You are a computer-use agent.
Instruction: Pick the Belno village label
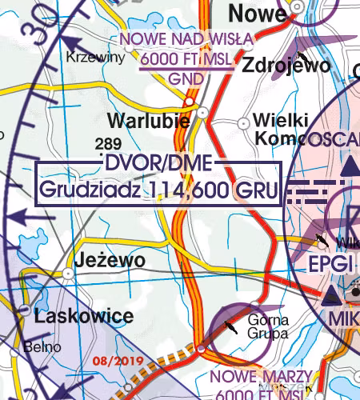click(x=38, y=348)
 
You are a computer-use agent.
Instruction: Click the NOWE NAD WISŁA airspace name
click(x=186, y=38)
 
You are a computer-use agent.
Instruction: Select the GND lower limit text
click(x=186, y=78)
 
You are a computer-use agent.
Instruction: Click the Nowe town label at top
click(x=257, y=14)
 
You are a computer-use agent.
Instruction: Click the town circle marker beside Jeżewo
click(x=69, y=273)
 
